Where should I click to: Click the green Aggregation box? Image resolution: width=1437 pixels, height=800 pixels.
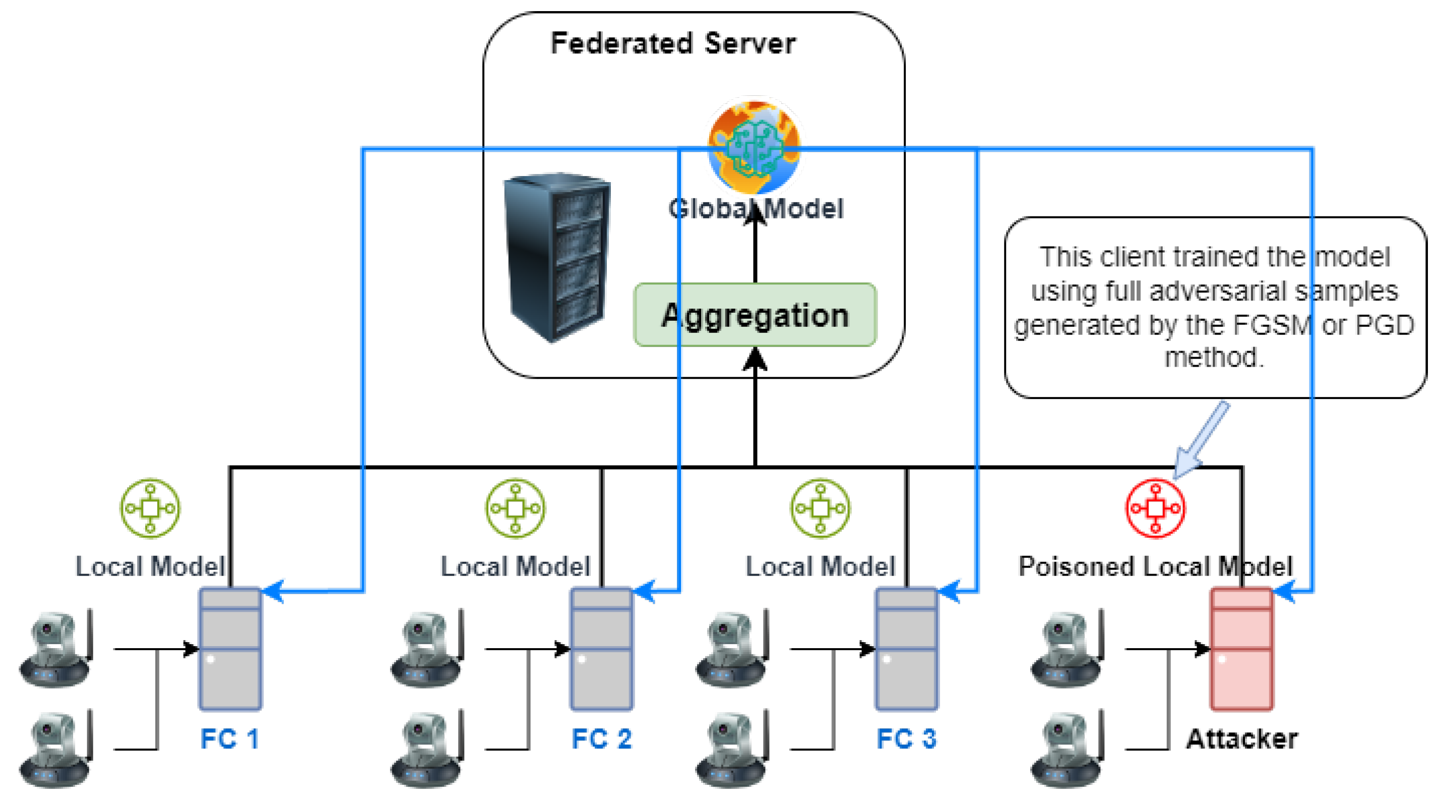click(755, 315)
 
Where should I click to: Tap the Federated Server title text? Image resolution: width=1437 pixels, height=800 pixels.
click(673, 43)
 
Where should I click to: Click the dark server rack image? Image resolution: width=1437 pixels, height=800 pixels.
click(557, 257)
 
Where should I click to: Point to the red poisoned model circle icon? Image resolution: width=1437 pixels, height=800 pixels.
click(1155, 508)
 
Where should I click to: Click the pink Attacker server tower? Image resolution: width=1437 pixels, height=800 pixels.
click(1241, 649)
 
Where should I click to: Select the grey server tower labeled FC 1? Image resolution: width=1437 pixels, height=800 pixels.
click(230, 649)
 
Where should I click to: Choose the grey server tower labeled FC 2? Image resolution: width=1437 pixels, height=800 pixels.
click(601, 649)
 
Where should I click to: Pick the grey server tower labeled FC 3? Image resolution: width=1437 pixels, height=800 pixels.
click(906, 649)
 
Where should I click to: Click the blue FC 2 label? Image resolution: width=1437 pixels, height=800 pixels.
click(601, 738)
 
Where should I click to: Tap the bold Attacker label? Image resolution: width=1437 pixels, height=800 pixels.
click(1241, 738)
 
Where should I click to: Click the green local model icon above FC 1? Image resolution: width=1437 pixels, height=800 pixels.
click(150, 508)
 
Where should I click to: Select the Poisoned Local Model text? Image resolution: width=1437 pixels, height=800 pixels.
click(1155, 566)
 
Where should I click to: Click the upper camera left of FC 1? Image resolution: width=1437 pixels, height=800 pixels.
click(56, 648)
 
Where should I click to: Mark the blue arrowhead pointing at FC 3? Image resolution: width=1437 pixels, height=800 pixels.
click(950, 591)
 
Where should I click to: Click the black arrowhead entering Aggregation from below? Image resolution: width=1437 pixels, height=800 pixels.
click(755, 359)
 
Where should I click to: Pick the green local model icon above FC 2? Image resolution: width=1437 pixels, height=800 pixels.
click(515, 508)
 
